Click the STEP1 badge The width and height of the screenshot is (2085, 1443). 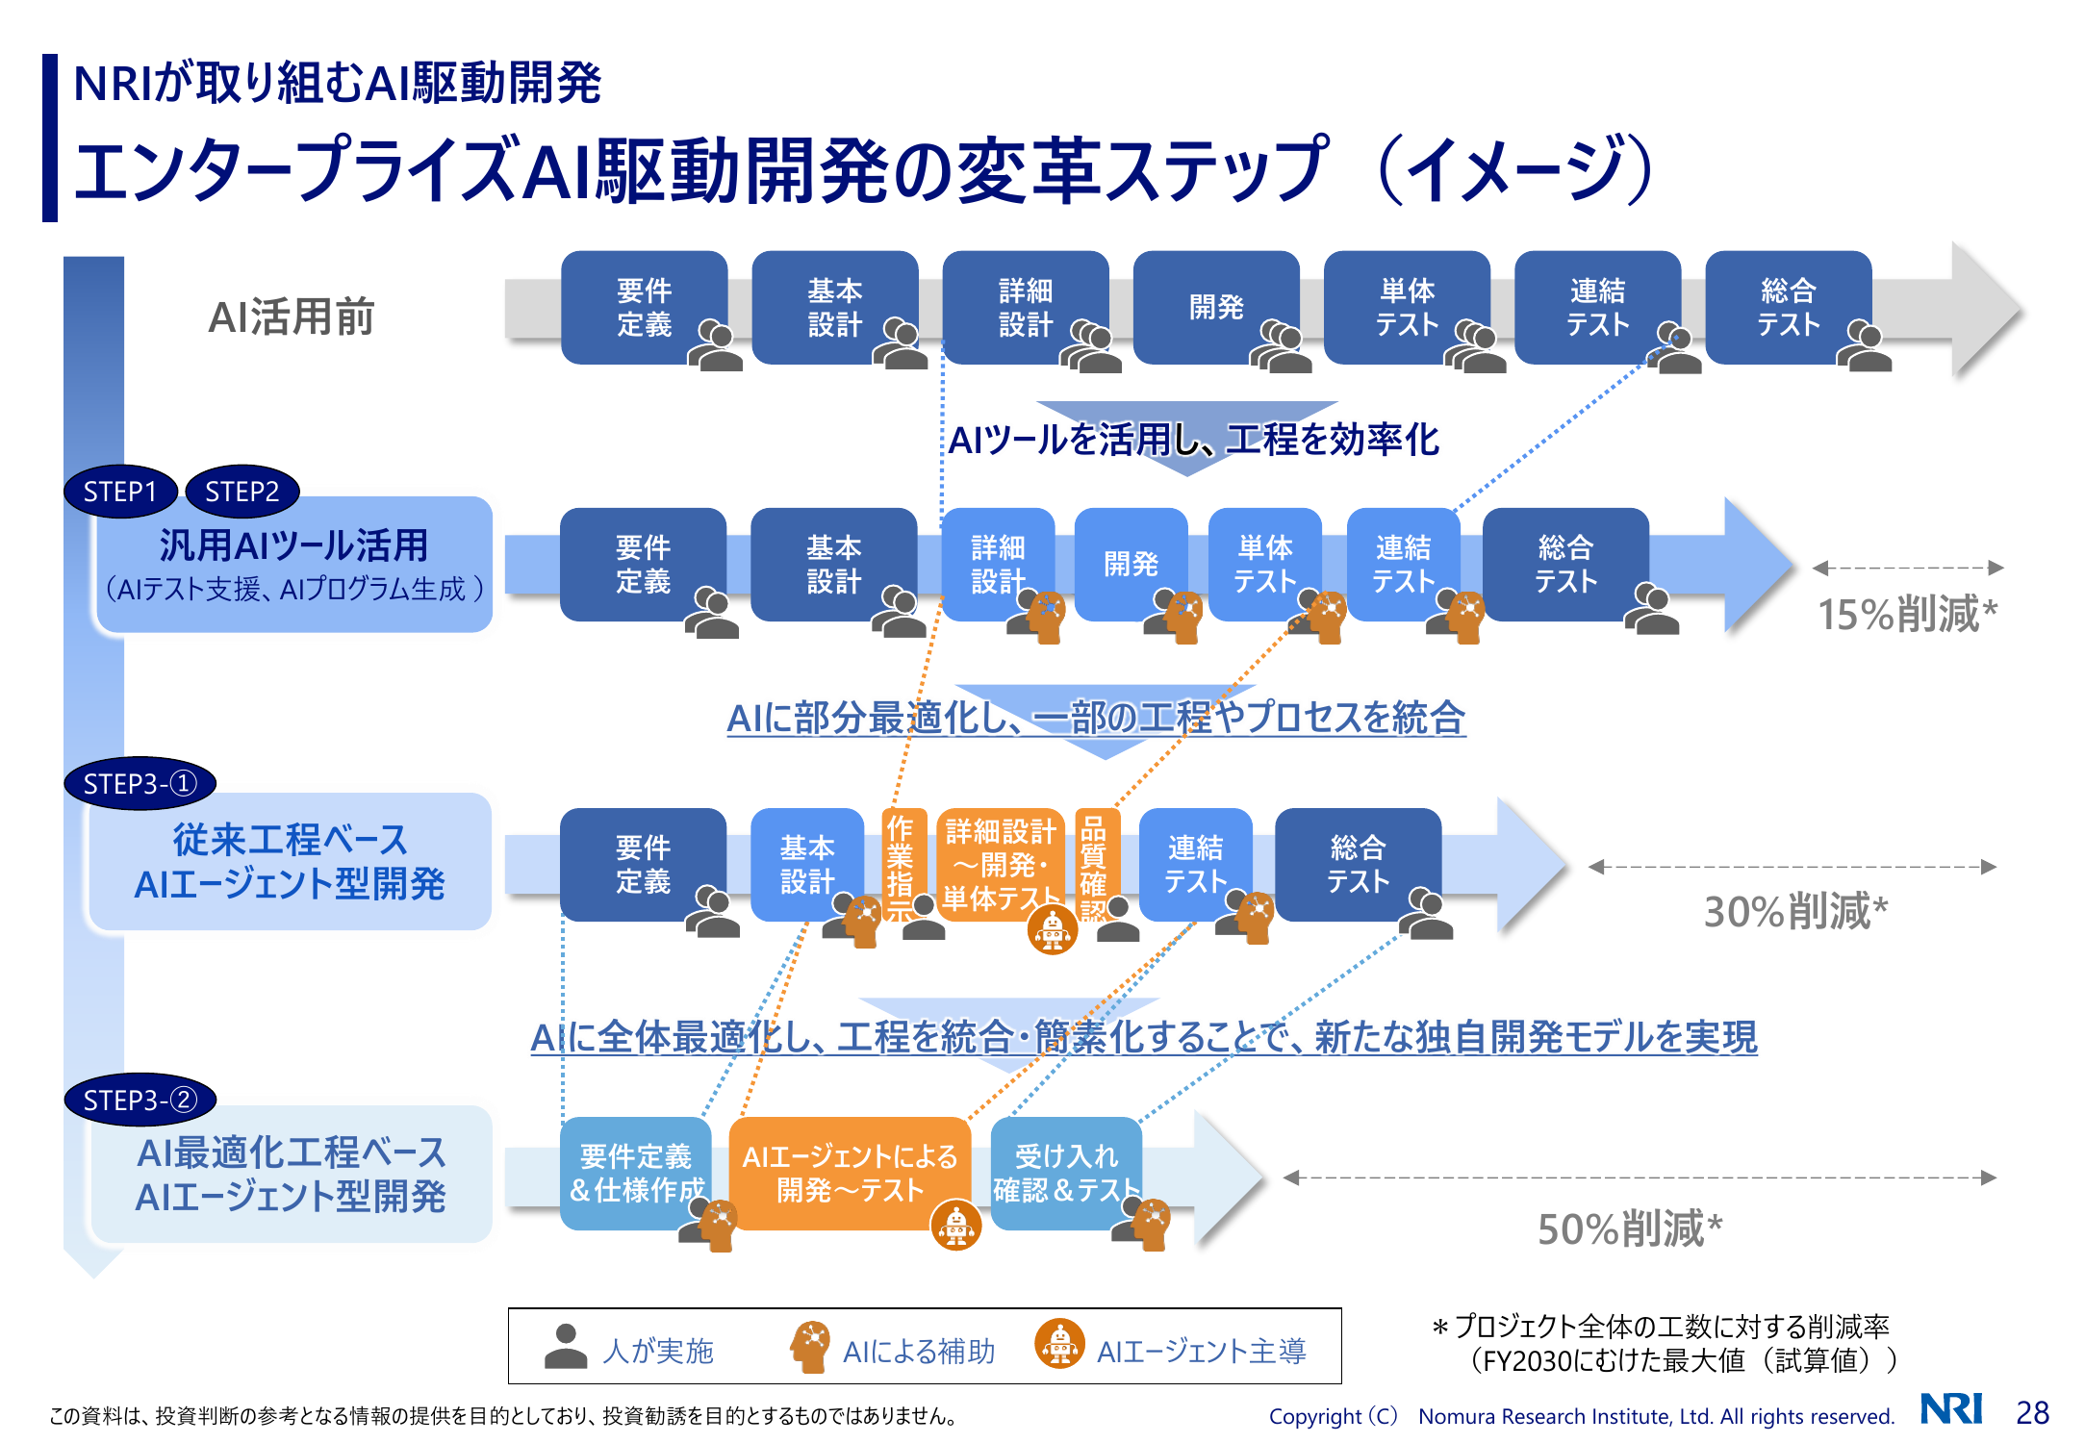point(120,492)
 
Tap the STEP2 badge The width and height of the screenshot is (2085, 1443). point(242,492)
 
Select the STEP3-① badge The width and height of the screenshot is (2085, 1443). point(140,784)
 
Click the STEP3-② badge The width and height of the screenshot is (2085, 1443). point(140,1100)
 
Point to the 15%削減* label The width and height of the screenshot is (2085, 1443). point(1907,614)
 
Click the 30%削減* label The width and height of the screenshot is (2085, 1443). point(1796,911)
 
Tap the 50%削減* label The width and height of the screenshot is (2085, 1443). point(1630,1228)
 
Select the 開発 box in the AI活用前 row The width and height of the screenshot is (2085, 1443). point(1216,307)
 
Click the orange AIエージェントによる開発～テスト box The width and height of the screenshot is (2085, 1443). point(850,1173)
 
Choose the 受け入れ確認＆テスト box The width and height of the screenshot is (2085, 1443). point(1066,1173)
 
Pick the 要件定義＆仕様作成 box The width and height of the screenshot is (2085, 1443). point(636,1173)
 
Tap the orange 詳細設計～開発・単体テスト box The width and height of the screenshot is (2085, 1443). point(1000,865)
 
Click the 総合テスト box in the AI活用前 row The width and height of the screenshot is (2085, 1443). point(1788,307)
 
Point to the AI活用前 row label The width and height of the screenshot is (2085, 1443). point(292,316)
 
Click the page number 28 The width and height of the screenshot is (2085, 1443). point(2032,1412)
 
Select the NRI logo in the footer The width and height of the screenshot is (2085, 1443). point(1951,1408)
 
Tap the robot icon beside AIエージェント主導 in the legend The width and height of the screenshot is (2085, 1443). point(1059,1344)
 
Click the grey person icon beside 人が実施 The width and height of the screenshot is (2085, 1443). point(566,1346)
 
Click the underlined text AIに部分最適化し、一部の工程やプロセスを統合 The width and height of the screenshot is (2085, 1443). point(1096,718)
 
